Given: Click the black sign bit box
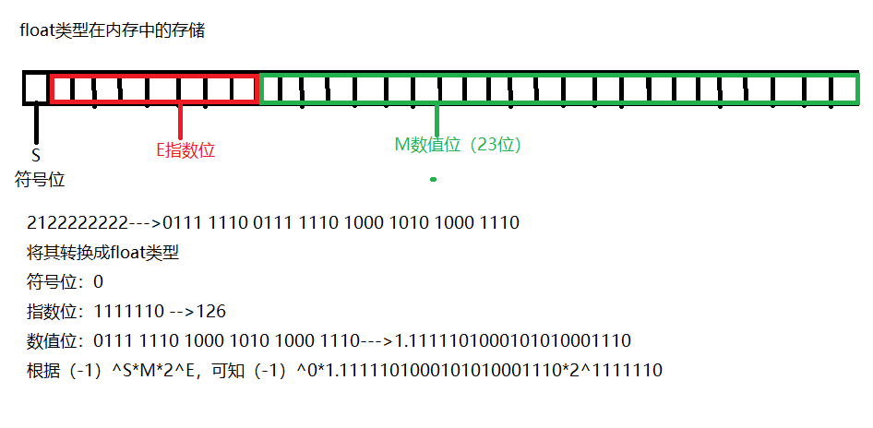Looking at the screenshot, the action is tap(36, 88).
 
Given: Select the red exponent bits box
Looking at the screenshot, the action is tap(154, 89).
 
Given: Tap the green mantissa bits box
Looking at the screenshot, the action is tap(559, 89).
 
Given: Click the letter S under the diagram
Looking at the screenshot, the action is tap(36, 156).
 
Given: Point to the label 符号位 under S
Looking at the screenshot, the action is tap(41, 179).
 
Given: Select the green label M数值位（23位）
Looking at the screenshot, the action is tap(458, 145).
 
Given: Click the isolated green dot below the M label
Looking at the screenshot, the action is tap(433, 179).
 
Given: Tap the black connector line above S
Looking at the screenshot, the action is tap(36, 124).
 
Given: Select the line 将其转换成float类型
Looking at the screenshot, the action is tap(103, 252).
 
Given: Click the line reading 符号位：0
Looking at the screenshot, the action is tap(66, 281).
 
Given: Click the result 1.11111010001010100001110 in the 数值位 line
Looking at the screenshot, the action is tap(513, 340).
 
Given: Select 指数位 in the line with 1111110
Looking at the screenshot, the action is tap(54, 311).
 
